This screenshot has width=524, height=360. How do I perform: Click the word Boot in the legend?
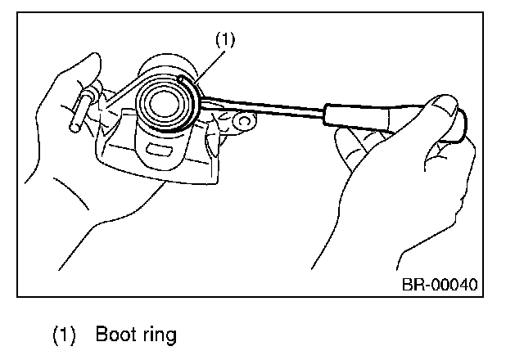114,334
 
